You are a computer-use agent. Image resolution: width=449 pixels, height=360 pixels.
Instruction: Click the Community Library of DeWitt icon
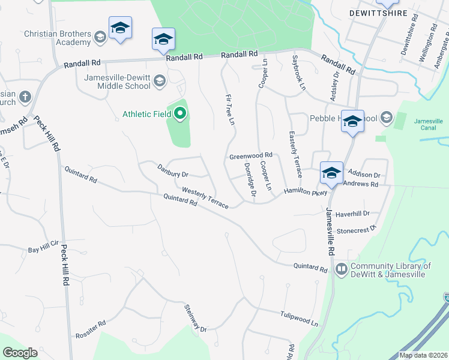(342, 269)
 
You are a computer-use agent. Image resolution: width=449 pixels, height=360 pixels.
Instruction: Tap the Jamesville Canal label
(428, 124)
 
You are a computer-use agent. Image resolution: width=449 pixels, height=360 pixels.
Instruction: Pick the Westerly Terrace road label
(205, 197)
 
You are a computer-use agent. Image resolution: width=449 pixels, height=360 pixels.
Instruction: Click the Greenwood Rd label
(251, 156)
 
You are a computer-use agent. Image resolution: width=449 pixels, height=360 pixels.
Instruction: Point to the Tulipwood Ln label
(298, 318)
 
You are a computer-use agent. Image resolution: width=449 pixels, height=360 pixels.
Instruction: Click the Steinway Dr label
(195, 318)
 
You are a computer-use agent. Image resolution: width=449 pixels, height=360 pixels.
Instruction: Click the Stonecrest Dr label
(356, 229)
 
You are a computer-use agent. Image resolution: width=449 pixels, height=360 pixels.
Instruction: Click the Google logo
(20, 352)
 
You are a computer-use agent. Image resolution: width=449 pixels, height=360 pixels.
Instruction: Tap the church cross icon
(25, 96)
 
